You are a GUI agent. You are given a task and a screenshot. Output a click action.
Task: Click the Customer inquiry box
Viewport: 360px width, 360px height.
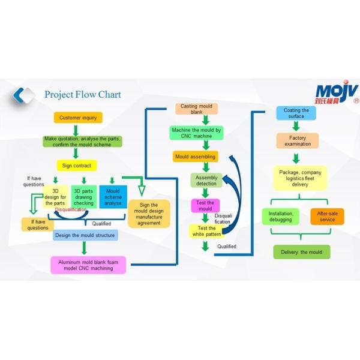pos(78,118)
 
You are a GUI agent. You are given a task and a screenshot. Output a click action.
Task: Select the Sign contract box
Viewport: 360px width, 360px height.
pos(77,166)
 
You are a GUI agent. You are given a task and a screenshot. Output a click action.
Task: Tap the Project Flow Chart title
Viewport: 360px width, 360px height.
pos(82,95)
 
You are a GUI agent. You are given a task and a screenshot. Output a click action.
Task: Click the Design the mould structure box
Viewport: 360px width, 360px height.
pos(85,235)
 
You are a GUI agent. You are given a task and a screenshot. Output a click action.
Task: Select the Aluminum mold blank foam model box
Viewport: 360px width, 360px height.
pos(88,265)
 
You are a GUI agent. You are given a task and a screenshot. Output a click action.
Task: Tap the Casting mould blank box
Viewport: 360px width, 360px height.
pos(197,109)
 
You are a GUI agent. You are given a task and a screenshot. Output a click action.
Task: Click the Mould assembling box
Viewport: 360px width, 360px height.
pos(194,157)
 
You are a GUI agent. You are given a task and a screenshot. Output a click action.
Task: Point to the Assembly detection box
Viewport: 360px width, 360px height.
pos(206,180)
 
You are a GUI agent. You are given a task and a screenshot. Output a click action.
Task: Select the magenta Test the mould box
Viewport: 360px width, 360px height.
pos(205,206)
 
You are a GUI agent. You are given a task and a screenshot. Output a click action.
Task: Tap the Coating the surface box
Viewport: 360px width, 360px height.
pos(296,113)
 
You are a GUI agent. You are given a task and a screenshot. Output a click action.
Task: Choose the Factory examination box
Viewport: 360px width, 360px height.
pos(298,141)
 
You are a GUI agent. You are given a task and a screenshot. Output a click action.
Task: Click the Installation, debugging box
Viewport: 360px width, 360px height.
pos(280,217)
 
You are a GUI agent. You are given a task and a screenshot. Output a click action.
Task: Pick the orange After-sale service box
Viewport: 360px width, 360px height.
pos(327,217)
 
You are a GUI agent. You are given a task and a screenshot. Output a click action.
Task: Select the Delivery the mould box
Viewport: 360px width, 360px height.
pos(302,252)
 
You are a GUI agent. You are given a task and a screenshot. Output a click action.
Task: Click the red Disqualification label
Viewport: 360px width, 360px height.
pos(71,210)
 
